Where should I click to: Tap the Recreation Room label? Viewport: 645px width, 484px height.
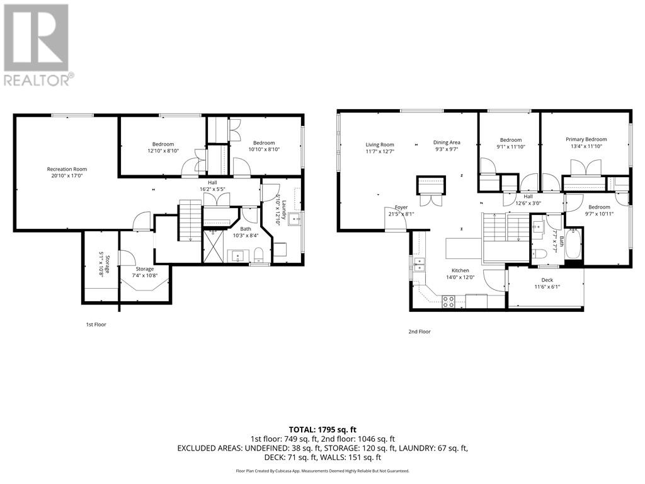pos(67,169)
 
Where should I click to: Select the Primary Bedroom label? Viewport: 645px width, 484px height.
pos(586,139)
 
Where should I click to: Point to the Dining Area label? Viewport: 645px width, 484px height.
pos(447,142)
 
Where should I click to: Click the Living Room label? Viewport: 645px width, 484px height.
pos(380,144)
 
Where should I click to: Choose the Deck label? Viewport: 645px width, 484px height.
pos(547,280)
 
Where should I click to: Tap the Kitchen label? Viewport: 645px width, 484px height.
pos(460,270)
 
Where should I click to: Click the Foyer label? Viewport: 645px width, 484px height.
pos(401,207)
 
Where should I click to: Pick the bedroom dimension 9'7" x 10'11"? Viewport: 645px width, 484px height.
pos(599,214)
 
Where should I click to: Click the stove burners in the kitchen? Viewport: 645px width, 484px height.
pos(448,302)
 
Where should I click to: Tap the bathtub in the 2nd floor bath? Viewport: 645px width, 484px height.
pos(574,246)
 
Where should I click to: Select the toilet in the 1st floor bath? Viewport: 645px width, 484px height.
pos(259,255)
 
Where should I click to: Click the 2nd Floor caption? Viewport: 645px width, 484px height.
pos(420,331)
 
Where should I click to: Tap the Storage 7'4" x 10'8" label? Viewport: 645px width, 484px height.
pos(145,272)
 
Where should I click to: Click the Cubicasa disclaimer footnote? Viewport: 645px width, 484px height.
pos(322,471)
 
